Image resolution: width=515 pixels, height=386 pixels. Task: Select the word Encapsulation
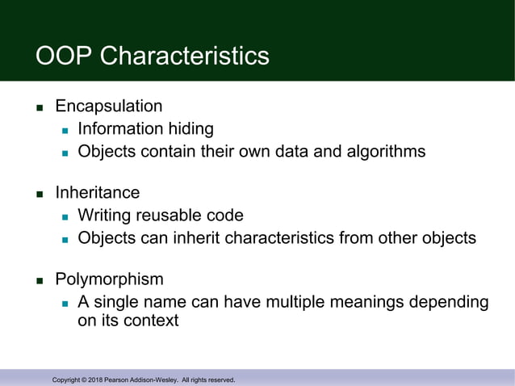[x=108, y=106]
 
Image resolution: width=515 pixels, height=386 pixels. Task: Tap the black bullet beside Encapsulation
[x=39, y=107]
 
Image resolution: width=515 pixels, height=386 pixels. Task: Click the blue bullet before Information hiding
[x=65, y=130]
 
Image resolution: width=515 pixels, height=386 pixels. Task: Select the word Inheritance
[x=97, y=193]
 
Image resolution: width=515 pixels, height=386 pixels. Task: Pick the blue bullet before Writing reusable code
[x=65, y=217]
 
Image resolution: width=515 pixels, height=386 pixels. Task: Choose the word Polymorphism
[x=109, y=279]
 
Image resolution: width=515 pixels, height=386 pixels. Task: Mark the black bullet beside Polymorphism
[x=39, y=281]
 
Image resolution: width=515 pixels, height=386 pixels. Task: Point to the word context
[x=149, y=321]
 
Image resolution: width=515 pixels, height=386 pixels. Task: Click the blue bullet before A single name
[x=65, y=304]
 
